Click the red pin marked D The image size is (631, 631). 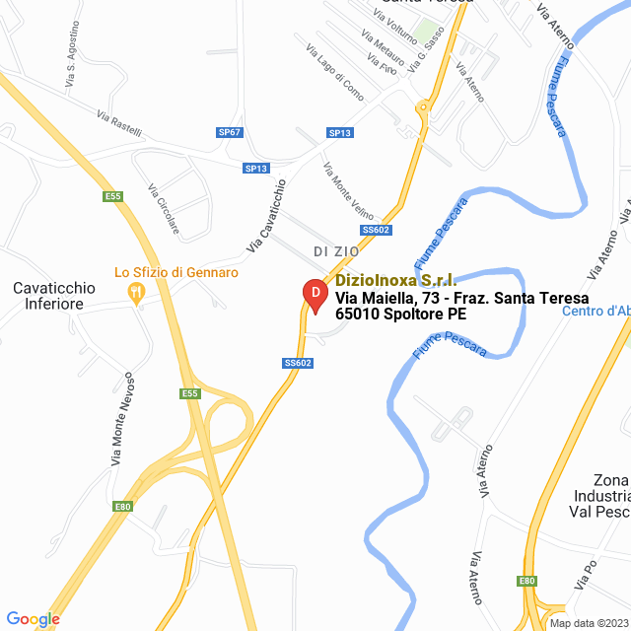pyautogui.click(x=313, y=295)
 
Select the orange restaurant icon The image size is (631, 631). pyautogui.click(x=136, y=292)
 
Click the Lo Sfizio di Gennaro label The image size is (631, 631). pyautogui.click(x=176, y=272)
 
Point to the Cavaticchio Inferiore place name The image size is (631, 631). pyautogui.click(x=54, y=296)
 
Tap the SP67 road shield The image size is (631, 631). pyautogui.click(x=230, y=132)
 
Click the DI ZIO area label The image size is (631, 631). pyautogui.click(x=336, y=251)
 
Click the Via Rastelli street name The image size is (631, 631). pyautogui.click(x=119, y=123)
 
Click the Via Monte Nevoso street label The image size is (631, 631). pyautogui.click(x=121, y=419)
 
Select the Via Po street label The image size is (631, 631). pyautogui.click(x=589, y=578)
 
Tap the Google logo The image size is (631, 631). pyautogui.click(x=33, y=619)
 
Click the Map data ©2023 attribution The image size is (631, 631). pyautogui.click(x=589, y=623)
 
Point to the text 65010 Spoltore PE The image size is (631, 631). pyautogui.click(x=401, y=315)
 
